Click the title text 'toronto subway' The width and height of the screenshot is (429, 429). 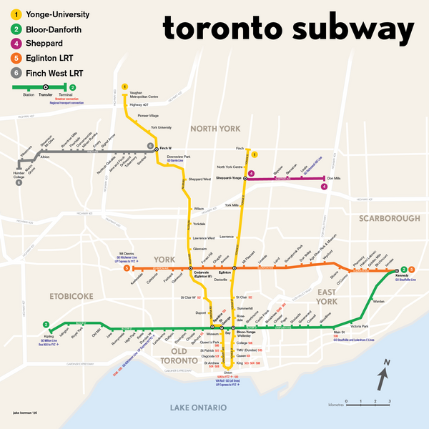[x=288, y=30]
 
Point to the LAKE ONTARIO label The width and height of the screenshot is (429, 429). [x=198, y=407]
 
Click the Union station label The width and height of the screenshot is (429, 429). [x=228, y=373]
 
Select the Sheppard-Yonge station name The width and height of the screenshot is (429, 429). [x=230, y=179]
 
